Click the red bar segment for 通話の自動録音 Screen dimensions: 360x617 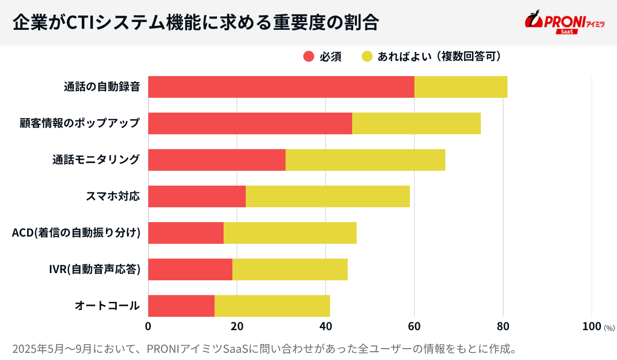coord(281,87)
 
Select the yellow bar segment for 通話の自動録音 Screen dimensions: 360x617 coord(461,87)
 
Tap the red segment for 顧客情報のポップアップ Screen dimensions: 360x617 coord(250,123)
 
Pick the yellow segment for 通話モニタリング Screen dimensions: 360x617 coord(365,160)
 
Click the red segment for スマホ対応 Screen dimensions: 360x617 coord(197,196)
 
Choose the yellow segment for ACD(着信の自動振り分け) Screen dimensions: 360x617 coord(290,233)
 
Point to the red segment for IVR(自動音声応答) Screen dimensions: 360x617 coord(190,269)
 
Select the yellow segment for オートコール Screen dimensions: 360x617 coord(272,306)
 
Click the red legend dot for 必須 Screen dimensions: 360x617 coord(308,57)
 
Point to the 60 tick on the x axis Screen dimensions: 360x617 coord(414,326)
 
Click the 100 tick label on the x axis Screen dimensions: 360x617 coord(591,326)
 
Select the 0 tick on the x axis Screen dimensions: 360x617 coord(148,326)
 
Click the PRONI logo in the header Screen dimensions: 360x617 coord(565,22)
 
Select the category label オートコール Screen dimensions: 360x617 coord(107,306)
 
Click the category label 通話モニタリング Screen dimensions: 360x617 coord(96,160)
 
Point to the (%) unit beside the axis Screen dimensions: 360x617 coord(609,328)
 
